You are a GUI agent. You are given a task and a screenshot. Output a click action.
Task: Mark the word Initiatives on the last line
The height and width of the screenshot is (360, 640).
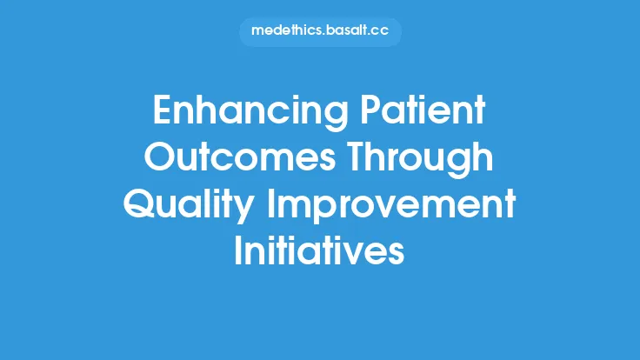tap(319, 253)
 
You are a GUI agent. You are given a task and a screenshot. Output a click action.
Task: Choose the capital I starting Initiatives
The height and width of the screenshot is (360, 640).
tap(239, 253)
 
